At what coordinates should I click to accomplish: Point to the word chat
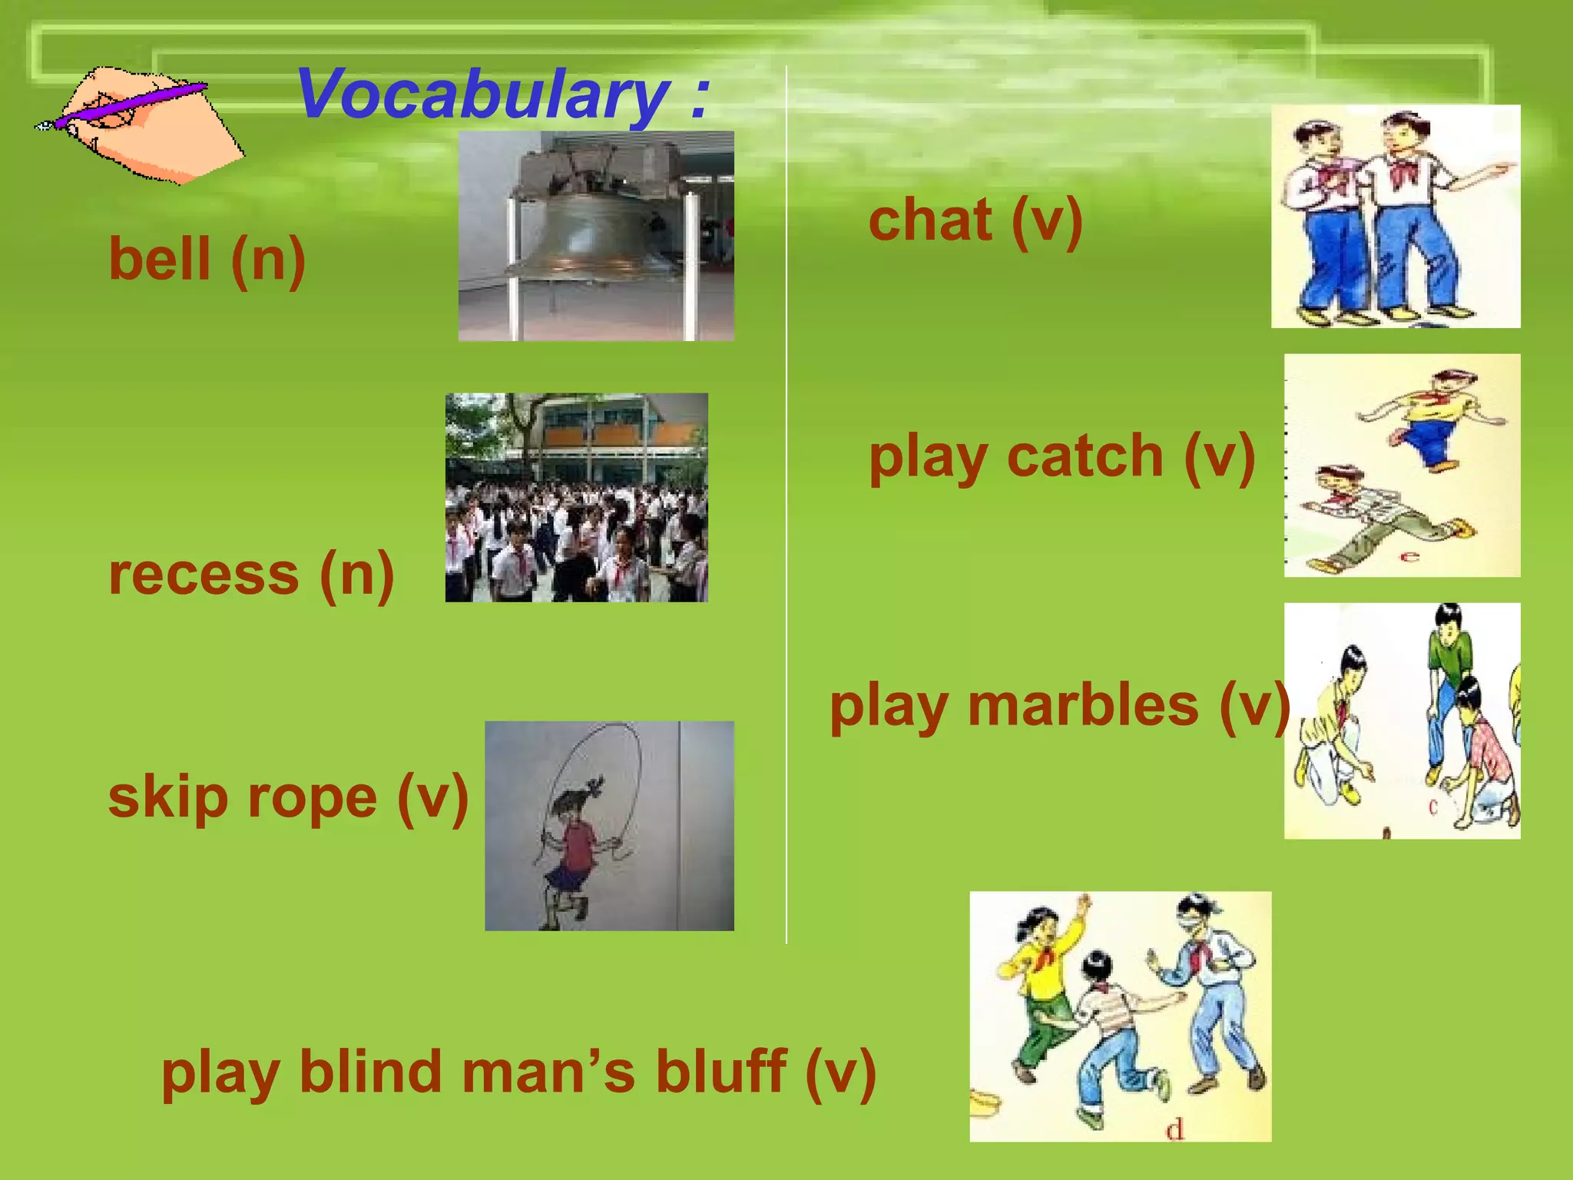pyautogui.click(x=930, y=220)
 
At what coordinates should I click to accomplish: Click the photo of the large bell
pyautogui.click(x=596, y=235)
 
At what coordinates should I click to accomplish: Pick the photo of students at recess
pyautogui.click(x=576, y=497)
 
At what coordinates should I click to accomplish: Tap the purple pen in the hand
pyautogui.click(x=131, y=104)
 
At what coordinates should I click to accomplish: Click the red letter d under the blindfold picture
pyautogui.click(x=1174, y=1129)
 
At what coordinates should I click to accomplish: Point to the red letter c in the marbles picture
pyautogui.click(x=1432, y=807)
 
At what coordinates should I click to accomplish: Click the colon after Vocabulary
pyautogui.click(x=698, y=98)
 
